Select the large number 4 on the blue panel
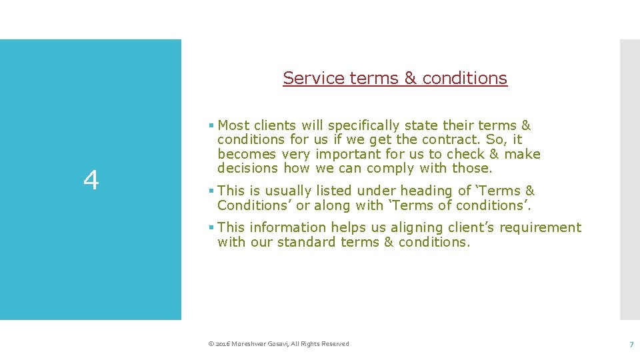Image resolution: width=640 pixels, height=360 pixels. (91, 180)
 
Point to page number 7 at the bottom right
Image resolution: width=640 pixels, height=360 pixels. (631, 344)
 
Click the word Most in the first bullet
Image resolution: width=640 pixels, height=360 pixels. (233, 125)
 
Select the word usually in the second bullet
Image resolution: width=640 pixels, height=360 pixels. (281, 191)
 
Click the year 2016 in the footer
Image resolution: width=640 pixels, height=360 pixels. (222, 344)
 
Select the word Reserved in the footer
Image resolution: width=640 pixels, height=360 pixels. (335, 344)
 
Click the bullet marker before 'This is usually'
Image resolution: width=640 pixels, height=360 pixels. (211, 191)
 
